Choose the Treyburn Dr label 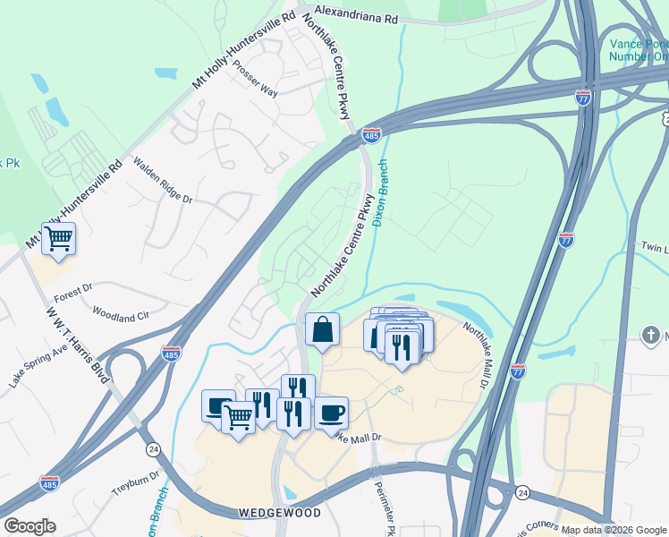click(135, 483)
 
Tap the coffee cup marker click(331, 413)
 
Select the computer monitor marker click(217, 405)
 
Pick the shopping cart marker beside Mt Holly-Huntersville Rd click(58, 239)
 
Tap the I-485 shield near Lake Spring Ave click(172, 354)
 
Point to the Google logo click(30, 526)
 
